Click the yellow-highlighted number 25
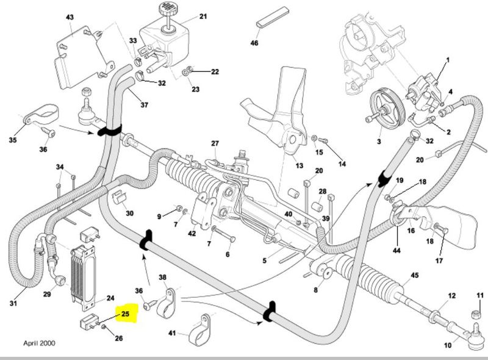[x=126, y=314]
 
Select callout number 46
[x=254, y=44]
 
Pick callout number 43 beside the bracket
[x=69, y=16]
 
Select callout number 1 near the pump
[x=447, y=60]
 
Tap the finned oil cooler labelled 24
[x=84, y=275]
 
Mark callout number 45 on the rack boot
[x=415, y=276]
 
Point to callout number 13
[x=299, y=165]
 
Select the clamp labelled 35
[x=38, y=118]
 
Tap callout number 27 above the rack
[x=215, y=143]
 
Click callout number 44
[x=396, y=251]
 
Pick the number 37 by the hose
[x=145, y=105]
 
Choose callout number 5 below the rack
[x=265, y=261]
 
